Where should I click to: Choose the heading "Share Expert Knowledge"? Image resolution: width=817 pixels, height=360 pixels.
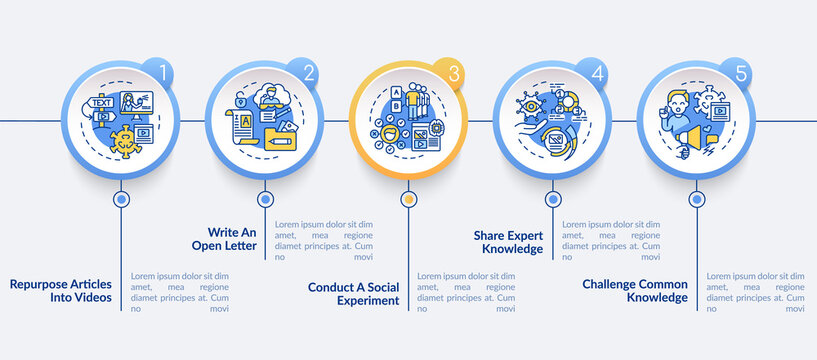[509, 242]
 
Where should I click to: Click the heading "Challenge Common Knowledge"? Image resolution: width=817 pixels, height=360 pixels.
[635, 290]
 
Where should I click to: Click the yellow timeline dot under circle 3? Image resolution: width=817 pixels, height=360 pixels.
[408, 199]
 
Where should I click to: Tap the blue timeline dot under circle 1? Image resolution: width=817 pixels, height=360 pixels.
[122, 199]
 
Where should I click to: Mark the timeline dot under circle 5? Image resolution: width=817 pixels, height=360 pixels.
[695, 199]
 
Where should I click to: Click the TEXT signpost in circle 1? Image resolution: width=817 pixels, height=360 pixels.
[102, 103]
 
